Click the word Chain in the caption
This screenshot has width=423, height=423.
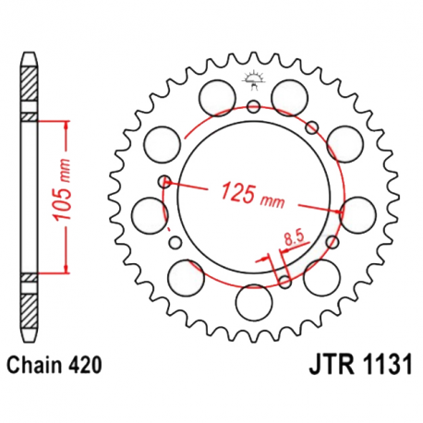pos(38,365)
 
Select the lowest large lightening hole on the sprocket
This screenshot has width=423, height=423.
pos(253,301)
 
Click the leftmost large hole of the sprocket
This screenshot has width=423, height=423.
pos(146,216)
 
